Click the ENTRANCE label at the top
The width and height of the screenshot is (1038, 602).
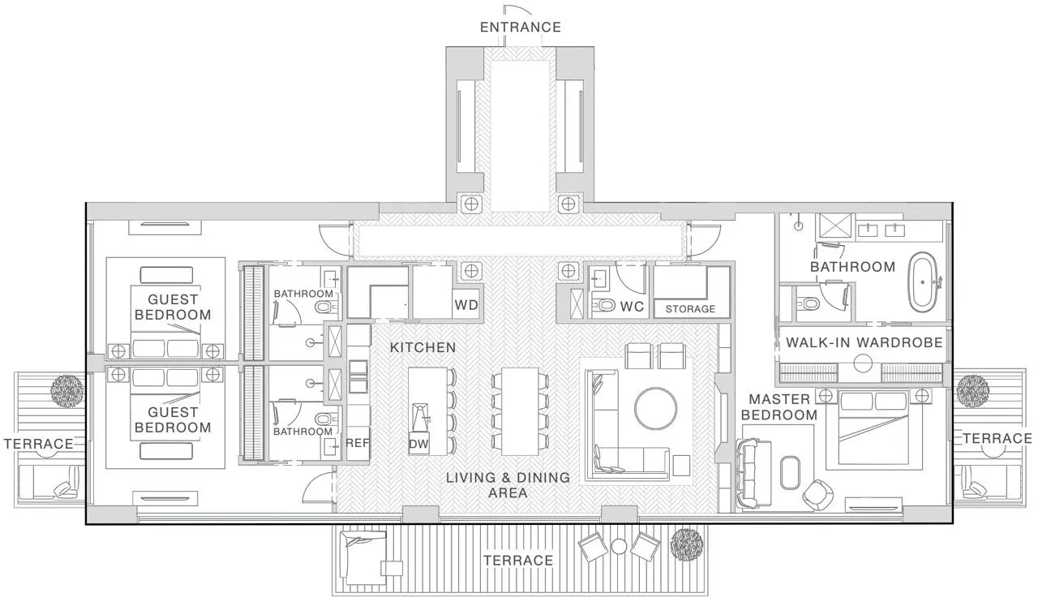point(520,27)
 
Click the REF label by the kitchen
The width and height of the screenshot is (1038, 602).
point(358,444)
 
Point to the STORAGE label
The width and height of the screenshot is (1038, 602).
point(690,309)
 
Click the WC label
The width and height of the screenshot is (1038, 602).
point(632,308)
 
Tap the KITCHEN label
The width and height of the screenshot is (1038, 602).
point(422,347)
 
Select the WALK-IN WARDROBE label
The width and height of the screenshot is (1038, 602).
point(864,342)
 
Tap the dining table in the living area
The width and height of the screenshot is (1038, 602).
point(520,411)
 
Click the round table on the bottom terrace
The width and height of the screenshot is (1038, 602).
point(618,546)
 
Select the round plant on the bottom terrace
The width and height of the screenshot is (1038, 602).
point(687,544)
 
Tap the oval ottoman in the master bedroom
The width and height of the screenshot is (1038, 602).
point(790,472)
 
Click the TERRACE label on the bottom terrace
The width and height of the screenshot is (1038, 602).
point(518,561)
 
